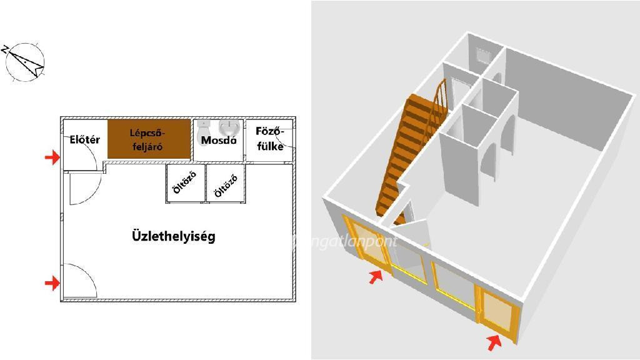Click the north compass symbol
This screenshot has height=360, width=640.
click(x=24, y=61)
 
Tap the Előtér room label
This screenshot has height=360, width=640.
click(x=84, y=140)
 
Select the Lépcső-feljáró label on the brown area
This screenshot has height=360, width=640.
click(x=149, y=139)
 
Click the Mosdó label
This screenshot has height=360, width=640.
click(x=219, y=141)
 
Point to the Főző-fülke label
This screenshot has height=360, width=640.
click(x=270, y=139)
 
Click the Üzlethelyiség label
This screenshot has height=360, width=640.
click(x=173, y=236)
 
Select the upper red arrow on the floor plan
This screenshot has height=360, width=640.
click(x=52, y=157)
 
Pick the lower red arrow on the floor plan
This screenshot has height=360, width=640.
click(x=52, y=284)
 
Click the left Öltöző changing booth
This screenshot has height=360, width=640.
click(x=185, y=182)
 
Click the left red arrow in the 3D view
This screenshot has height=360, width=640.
click(x=375, y=277)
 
